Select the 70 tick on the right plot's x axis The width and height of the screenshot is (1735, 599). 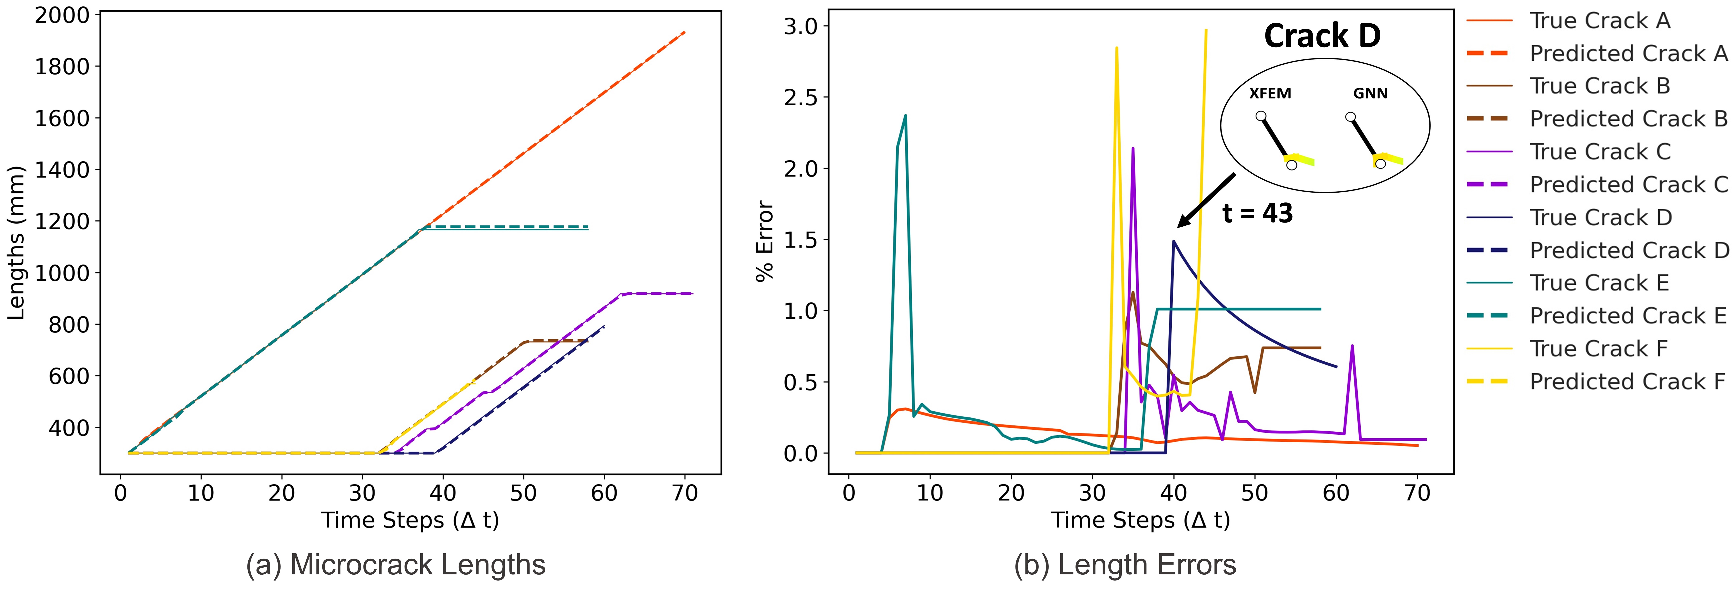pos(1417,493)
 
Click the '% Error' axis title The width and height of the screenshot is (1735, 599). pos(765,241)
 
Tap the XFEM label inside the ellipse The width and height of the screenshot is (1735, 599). pos(1270,94)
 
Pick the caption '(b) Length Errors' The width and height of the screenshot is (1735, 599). pos(1125,565)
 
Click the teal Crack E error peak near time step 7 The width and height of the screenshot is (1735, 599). pos(905,116)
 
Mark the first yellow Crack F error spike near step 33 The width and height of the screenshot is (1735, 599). pos(1117,49)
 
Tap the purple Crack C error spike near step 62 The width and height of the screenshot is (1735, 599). pos(1352,346)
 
